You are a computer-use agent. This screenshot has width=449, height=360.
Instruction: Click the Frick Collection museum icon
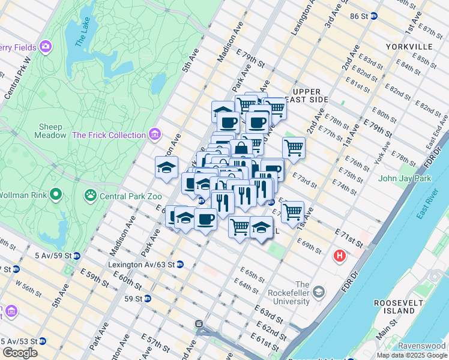155,134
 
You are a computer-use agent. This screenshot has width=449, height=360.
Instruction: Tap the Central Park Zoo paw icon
91,194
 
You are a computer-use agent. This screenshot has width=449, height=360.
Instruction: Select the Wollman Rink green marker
56,194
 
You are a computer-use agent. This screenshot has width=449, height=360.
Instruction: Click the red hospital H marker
340,256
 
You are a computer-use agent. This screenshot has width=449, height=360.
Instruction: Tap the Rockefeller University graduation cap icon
319,292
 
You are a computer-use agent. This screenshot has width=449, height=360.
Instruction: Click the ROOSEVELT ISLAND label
394,307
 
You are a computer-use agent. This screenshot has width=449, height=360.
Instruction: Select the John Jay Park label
405,178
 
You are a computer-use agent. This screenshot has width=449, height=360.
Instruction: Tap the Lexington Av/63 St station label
141,264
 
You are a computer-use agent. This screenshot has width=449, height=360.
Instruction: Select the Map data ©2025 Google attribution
412,355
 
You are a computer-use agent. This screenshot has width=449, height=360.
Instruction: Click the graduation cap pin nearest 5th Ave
166,167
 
